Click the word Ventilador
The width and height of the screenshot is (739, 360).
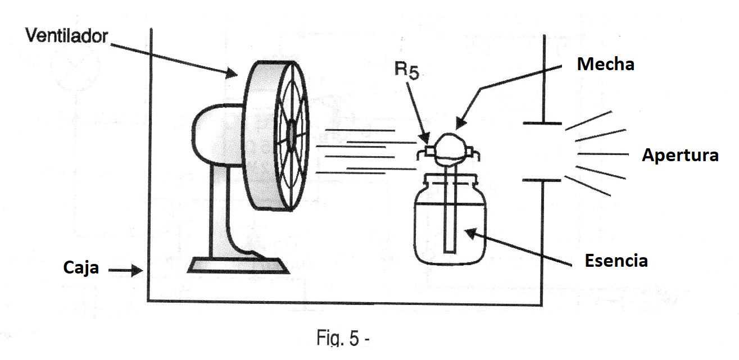(x=67, y=35)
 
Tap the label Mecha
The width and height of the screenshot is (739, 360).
(x=606, y=64)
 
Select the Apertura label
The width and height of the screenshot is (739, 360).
(x=681, y=155)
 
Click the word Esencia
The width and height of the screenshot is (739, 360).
(x=616, y=261)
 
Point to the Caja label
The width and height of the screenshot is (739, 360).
(x=81, y=267)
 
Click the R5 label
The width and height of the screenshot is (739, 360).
(x=407, y=71)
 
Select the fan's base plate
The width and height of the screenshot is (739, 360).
(x=238, y=266)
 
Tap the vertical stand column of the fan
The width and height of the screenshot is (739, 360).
(x=219, y=211)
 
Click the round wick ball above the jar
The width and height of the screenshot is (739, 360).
(x=450, y=149)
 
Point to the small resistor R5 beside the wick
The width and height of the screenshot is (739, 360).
(x=429, y=151)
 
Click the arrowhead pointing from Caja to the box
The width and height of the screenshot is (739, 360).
(x=137, y=270)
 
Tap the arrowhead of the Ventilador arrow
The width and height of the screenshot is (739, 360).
(x=232, y=73)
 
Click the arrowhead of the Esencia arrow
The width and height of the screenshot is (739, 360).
(x=471, y=233)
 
